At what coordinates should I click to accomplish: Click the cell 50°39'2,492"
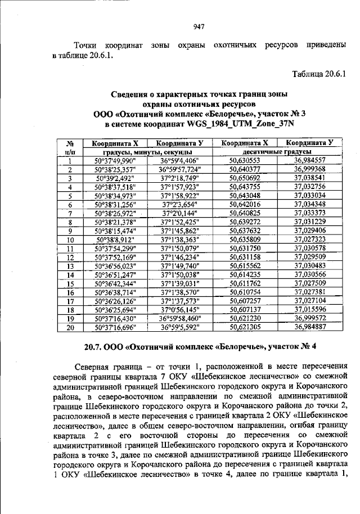(x=115, y=178)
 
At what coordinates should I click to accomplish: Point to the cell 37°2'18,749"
(x=181, y=178)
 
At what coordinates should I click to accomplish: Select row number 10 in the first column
(x=70, y=239)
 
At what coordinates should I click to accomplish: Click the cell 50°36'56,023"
(x=115, y=265)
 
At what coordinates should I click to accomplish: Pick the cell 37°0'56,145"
(x=181, y=309)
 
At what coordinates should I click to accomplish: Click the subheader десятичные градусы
(x=277, y=152)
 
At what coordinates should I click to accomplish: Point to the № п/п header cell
(x=70, y=147)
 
